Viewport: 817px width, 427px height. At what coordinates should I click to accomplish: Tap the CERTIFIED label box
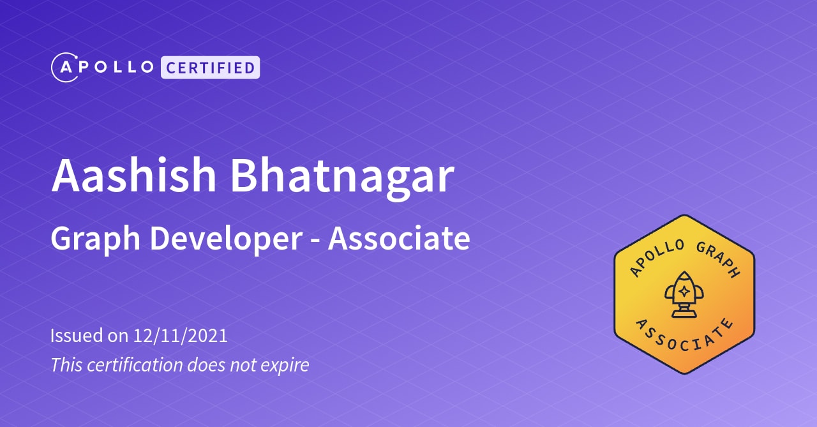[x=210, y=68]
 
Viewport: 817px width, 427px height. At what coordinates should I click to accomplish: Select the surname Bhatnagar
[x=342, y=175]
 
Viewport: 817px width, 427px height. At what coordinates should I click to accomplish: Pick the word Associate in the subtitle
[x=399, y=238]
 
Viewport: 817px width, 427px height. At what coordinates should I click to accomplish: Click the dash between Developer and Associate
[x=315, y=241]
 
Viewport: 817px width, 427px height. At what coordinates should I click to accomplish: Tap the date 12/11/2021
[x=181, y=336]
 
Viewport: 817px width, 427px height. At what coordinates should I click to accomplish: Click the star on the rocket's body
[x=684, y=292]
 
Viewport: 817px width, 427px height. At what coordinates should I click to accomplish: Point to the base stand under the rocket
[x=684, y=313]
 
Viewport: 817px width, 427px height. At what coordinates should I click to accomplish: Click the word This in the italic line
[x=66, y=365]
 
